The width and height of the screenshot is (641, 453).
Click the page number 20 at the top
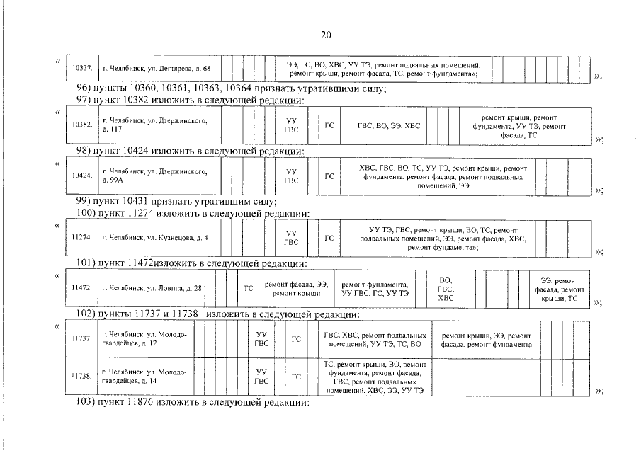point(326,35)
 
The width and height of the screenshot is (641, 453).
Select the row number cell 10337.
point(83,68)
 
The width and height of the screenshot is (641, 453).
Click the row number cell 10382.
point(83,125)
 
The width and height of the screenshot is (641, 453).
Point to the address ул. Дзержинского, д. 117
point(154,125)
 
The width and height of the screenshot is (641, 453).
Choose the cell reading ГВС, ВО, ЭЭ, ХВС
point(389,126)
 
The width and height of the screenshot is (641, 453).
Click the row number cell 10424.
point(82,176)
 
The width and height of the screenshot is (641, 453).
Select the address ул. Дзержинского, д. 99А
point(154,176)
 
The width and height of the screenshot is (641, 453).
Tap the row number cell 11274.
point(81,238)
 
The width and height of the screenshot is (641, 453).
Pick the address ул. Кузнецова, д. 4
point(155,238)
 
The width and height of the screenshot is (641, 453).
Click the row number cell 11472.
point(81,288)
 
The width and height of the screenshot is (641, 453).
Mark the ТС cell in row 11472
point(248,288)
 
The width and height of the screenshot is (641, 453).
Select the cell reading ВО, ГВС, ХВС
point(446,289)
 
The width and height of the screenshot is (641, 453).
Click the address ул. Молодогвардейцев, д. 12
point(144,339)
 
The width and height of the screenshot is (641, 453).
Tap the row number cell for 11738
point(81,377)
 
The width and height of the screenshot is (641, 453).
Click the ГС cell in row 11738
point(296,377)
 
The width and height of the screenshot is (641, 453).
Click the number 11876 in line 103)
point(140,402)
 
